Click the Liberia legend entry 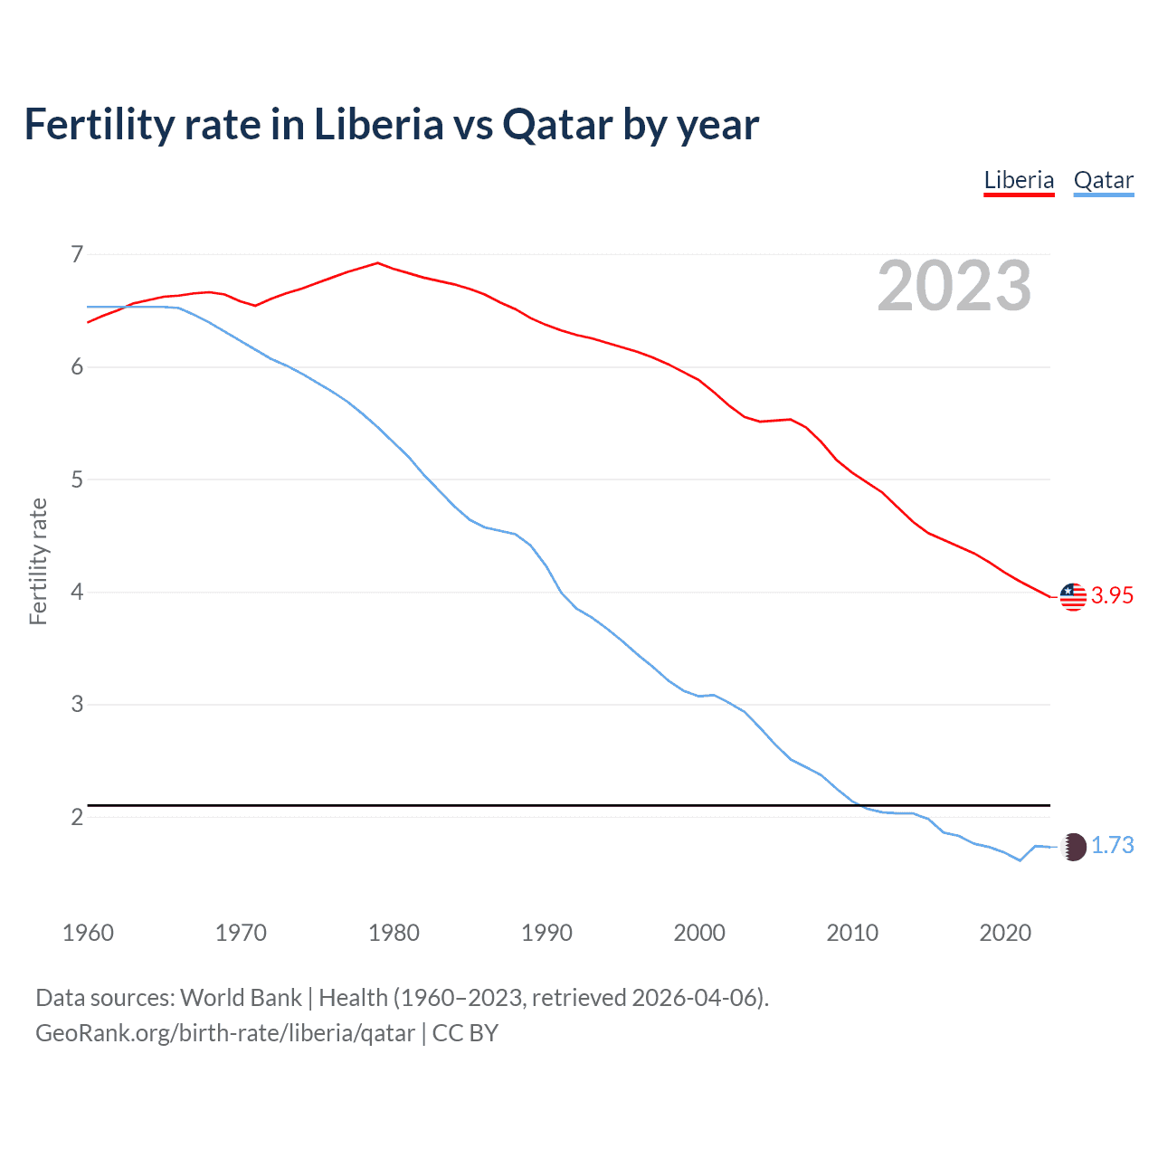click(x=1019, y=180)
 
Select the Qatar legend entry click(x=1103, y=180)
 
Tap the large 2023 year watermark click(x=954, y=286)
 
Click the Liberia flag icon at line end click(x=1073, y=596)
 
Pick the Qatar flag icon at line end click(x=1073, y=847)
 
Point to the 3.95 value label click(x=1112, y=595)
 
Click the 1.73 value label click(x=1112, y=845)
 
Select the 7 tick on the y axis click(x=77, y=254)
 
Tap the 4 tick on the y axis click(x=77, y=592)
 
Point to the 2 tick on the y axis click(x=77, y=817)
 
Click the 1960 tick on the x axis click(x=88, y=933)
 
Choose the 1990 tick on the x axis click(x=546, y=933)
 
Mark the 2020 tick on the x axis click(x=1005, y=933)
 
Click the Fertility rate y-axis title click(x=38, y=561)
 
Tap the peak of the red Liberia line click(x=378, y=263)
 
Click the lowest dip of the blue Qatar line click(x=1020, y=860)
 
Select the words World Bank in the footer click(x=241, y=998)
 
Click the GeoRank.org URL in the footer click(x=225, y=1033)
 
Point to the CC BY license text click(x=465, y=1033)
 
